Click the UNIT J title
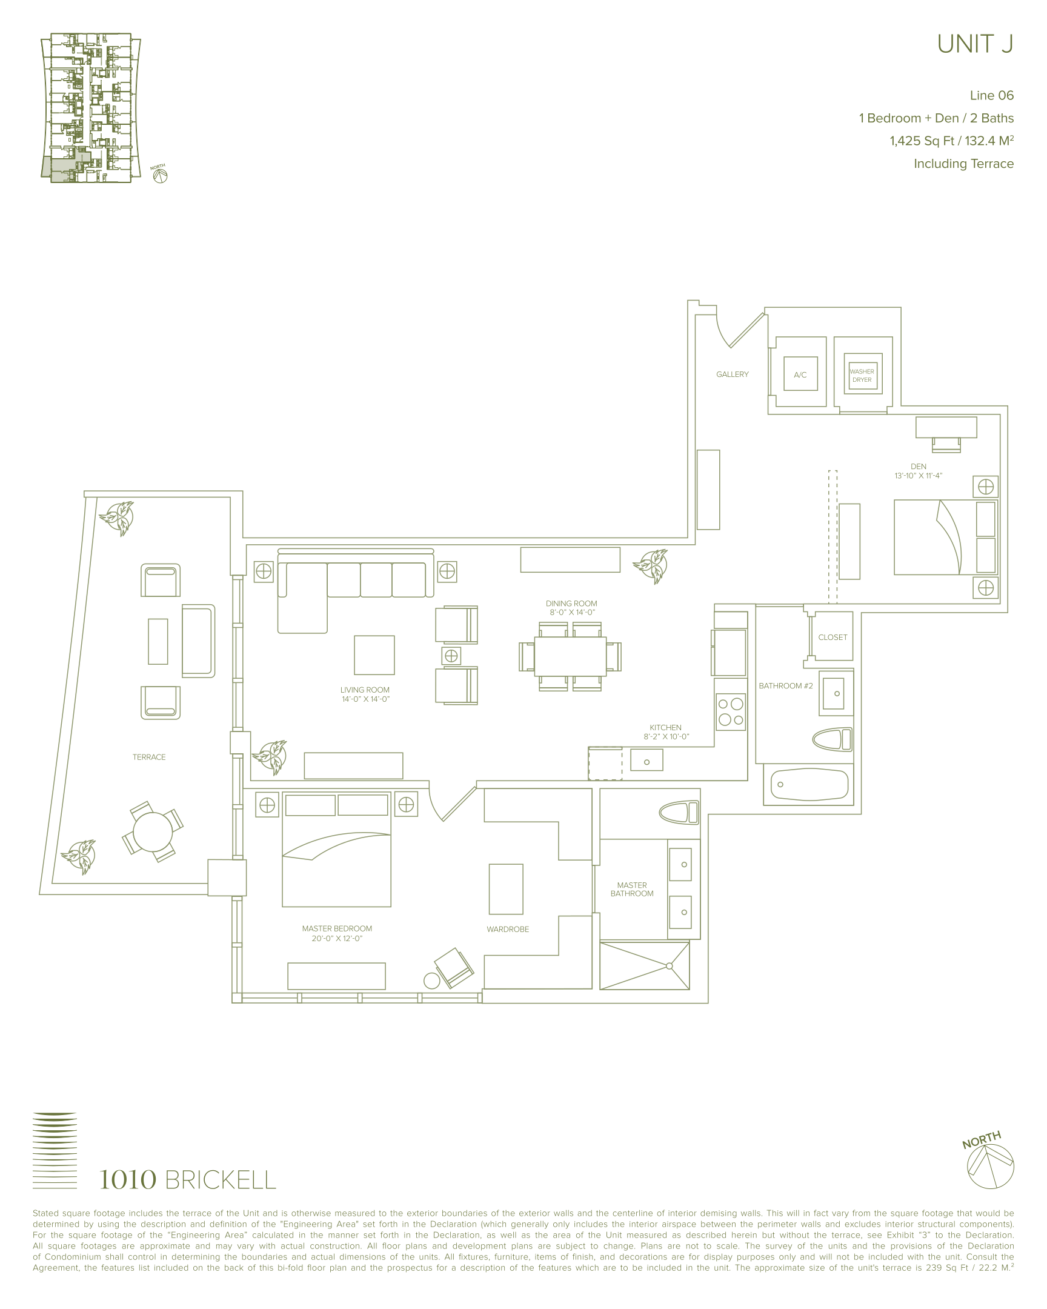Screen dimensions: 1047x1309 point(975,44)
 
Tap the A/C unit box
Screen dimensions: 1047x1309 point(800,375)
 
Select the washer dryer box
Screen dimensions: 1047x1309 point(862,375)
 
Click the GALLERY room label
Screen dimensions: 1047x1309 point(732,375)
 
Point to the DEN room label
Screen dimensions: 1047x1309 point(919,466)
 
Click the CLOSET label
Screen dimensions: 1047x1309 point(833,638)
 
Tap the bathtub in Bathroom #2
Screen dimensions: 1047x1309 point(809,784)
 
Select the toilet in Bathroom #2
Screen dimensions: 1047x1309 point(832,740)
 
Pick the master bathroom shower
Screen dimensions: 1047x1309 point(645,965)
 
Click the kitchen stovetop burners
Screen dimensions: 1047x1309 point(730,712)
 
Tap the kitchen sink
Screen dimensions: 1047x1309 point(646,760)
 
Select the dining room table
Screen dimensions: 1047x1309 point(570,656)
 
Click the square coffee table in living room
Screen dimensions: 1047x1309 point(374,655)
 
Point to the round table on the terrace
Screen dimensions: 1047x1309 point(153,832)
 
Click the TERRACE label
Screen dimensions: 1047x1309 point(149,757)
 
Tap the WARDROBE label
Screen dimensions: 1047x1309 point(508,930)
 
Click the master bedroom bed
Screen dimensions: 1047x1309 point(336,850)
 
